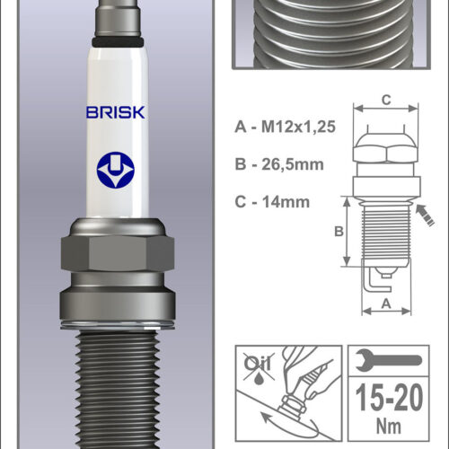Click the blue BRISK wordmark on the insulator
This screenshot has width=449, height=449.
pyautogui.click(x=116, y=112)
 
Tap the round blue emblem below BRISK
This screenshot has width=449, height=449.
pyautogui.click(x=116, y=170)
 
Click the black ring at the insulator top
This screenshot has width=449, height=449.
pyautogui.click(x=118, y=42)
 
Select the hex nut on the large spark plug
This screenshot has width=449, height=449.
pyautogui.click(x=118, y=254)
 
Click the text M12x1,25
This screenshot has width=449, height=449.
pyautogui.click(x=298, y=127)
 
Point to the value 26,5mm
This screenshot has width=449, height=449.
pyautogui.click(x=293, y=164)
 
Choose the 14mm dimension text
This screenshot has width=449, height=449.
pyautogui.click(x=286, y=202)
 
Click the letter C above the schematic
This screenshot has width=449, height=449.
pyautogui.click(x=386, y=100)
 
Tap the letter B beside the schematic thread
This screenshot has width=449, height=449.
pyautogui.click(x=339, y=232)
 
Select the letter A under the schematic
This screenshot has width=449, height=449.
pyautogui.click(x=386, y=304)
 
